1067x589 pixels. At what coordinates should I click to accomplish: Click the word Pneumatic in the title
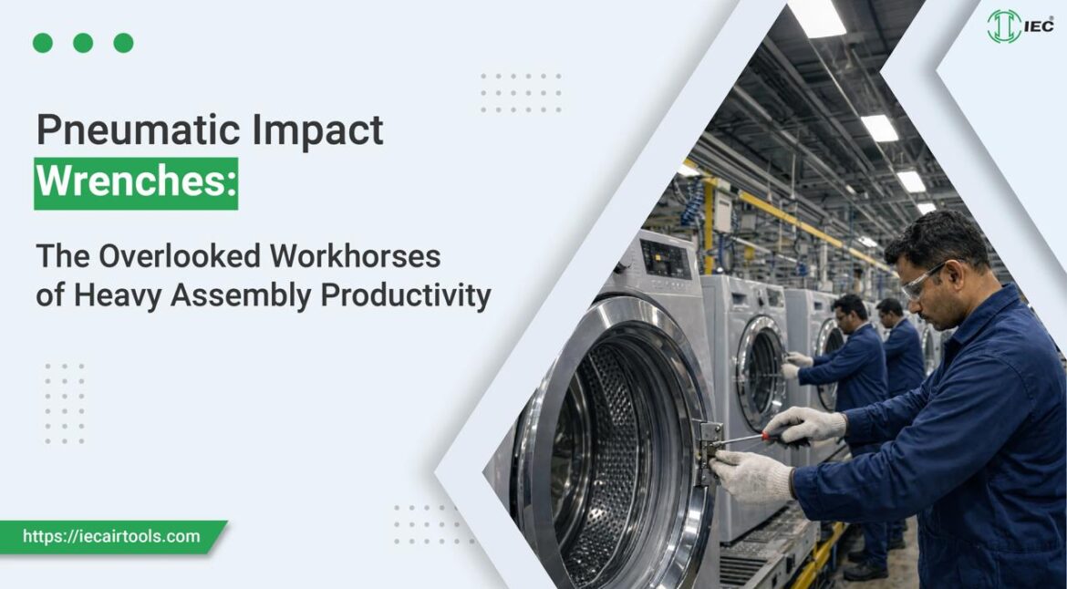point(139,131)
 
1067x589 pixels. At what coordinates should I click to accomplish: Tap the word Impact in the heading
point(318,131)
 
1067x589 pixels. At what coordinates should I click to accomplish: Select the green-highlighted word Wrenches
point(136,183)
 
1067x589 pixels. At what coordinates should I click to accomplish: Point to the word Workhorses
point(356,256)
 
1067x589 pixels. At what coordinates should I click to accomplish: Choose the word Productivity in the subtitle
point(406,295)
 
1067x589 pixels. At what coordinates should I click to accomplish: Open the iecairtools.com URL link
point(111,536)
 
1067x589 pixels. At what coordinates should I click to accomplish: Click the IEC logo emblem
point(1004,26)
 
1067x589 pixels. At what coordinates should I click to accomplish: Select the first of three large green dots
point(42,43)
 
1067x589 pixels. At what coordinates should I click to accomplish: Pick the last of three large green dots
point(124,43)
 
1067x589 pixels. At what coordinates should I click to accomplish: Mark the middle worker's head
point(851,312)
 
